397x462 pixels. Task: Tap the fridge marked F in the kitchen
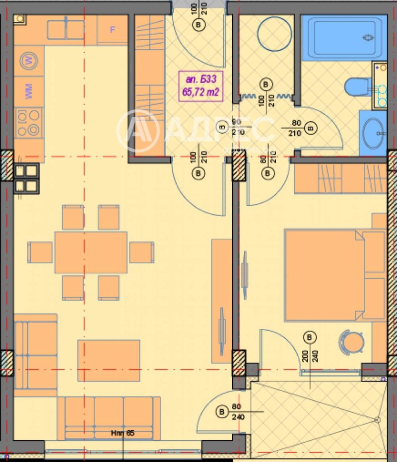112,29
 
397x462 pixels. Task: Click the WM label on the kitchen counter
28,92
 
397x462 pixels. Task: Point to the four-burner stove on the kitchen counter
28,123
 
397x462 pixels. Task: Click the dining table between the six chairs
91,252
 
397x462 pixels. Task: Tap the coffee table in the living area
109,360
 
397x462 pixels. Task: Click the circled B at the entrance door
199,24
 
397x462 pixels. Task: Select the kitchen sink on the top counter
66,29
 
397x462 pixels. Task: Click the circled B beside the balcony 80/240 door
221,412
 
